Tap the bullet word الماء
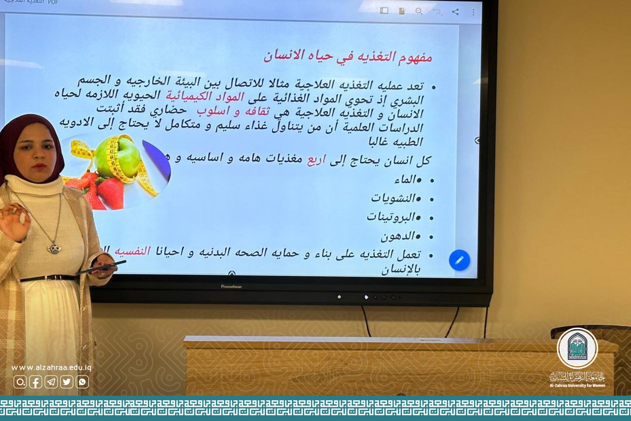(406, 180)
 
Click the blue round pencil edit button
(459, 260)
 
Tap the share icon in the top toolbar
(455, 11)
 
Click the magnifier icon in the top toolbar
(419, 11)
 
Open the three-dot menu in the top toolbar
(473, 11)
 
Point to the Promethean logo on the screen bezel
(231, 286)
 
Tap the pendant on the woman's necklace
(54, 248)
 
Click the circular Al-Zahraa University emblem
(577, 348)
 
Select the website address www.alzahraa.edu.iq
(51, 368)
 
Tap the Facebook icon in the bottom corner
(35, 382)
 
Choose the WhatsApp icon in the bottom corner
(82, 382)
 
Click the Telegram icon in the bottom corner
(51, 382)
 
